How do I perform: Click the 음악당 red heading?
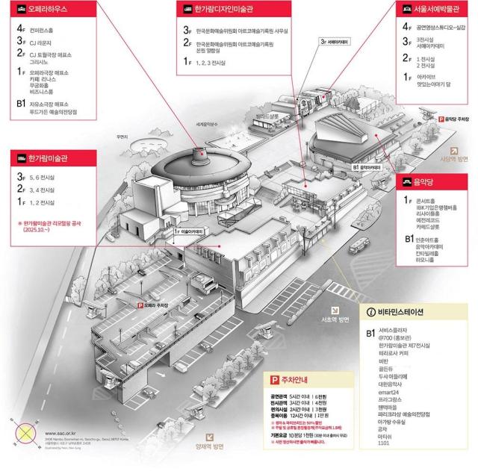429,181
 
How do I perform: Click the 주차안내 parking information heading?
292,381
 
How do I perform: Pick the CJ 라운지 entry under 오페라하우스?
43,44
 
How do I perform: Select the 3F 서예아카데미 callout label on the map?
334,42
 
